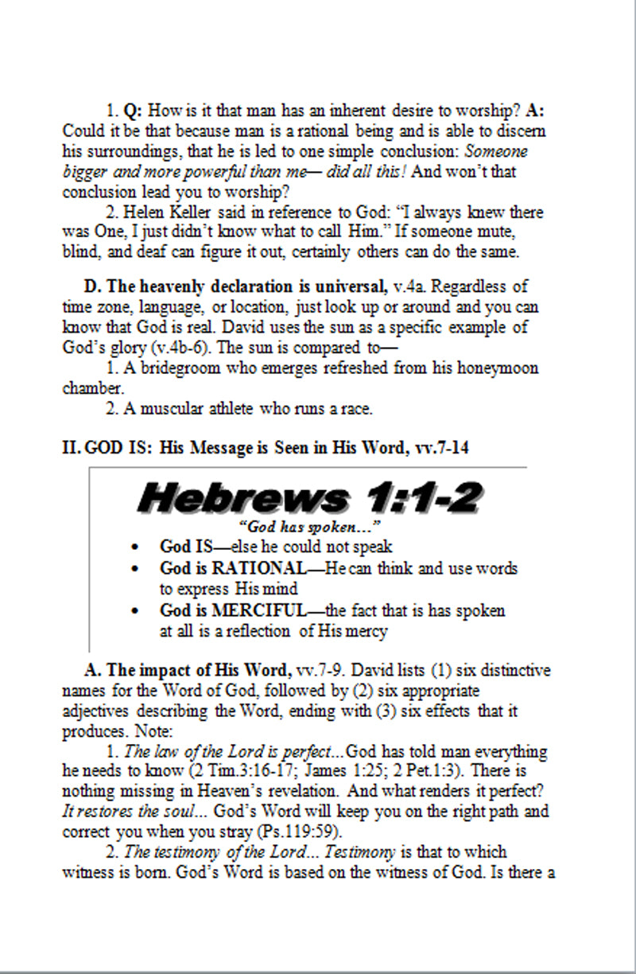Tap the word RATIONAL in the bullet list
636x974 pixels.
(257, 569)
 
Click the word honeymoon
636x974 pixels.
(494, 368)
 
